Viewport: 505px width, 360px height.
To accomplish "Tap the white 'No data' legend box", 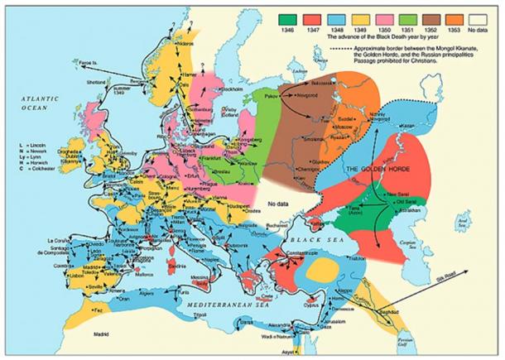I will [x=488, y=17].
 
